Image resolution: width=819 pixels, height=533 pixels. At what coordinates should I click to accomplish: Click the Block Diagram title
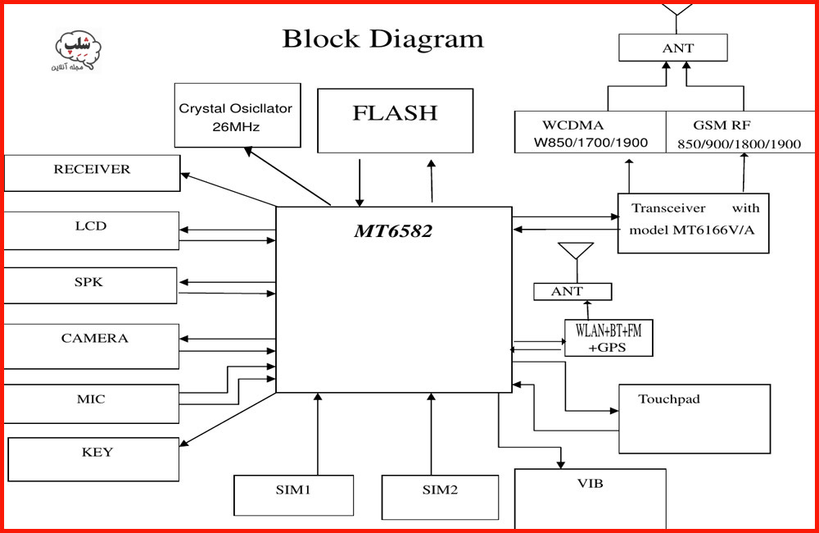[382, 39]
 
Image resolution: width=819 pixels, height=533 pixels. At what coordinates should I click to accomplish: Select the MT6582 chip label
[393, 231]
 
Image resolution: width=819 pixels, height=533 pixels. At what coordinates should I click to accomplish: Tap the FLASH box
[395, 121]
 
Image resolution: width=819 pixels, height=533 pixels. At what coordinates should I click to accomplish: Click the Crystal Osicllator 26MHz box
[237, 116]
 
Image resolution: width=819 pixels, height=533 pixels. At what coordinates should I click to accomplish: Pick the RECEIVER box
[92, 173]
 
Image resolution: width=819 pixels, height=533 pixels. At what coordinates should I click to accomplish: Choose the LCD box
[91, 230]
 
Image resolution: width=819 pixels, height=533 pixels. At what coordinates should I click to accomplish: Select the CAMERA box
[92, 345]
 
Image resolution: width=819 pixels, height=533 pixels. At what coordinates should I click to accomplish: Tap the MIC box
[91, 403]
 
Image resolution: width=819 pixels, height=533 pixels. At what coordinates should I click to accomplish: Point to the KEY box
[93, 458]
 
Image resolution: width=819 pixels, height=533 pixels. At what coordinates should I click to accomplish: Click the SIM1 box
[293, 495]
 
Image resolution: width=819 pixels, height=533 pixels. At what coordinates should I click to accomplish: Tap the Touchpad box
[694, 418]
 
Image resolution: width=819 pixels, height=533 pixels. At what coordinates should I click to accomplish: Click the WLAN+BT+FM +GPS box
[609, 338]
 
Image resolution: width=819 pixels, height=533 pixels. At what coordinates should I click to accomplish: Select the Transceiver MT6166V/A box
[693, 223]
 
